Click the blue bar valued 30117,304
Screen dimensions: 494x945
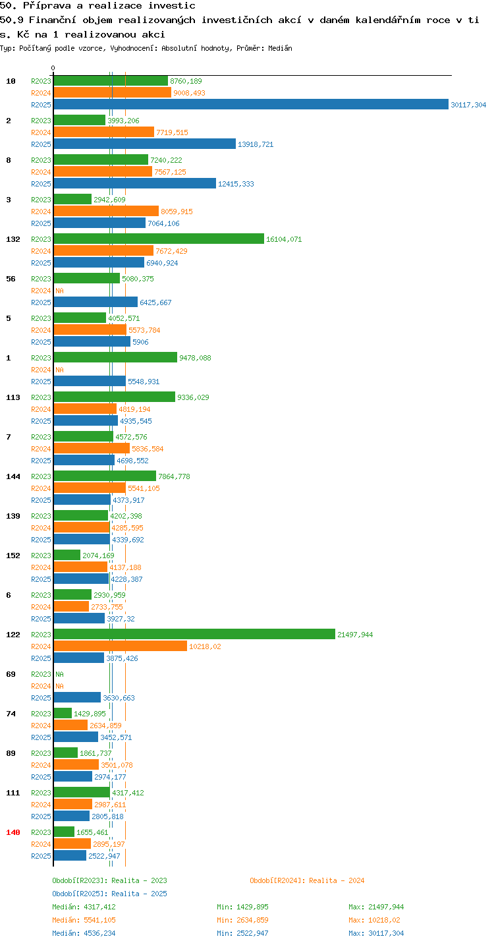(x=251, y=104)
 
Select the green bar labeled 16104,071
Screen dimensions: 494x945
(x=159, y=239)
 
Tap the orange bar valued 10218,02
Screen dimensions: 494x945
(x=120, y=646)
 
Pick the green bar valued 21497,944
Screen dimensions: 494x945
(x=194, y=634)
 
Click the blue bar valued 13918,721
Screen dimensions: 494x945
(x=144, y=144)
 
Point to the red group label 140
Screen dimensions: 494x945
(x=13, y=832)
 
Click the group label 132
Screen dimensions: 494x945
(x=13, y=239)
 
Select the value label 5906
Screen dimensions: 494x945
(x=140, y=342)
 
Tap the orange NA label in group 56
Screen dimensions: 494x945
(x=59, y=290)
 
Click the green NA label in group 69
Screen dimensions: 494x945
(x=59, y=673)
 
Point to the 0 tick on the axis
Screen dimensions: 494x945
(x=53, y=68)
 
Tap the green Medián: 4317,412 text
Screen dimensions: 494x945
(x=84, y=907)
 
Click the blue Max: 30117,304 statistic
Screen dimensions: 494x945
(x=376, y=932)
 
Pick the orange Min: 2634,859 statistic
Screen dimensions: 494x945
(x=242, y=920)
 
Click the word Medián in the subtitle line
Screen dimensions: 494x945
(x=280, y=48)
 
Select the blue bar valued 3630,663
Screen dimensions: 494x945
(x=77, y=697)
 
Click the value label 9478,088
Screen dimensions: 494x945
(x=195, y=357)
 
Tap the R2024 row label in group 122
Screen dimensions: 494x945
(x=41, y=646)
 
